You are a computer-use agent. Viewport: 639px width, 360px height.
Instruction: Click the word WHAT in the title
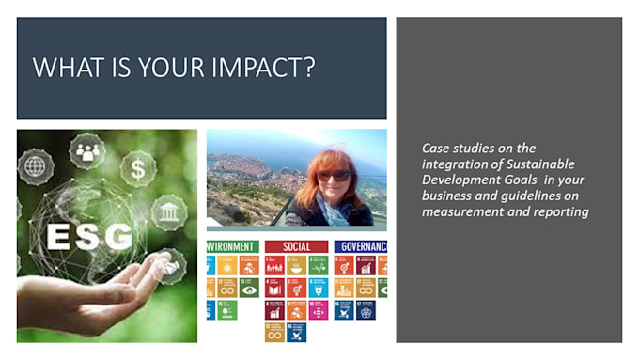[x=63, y=68]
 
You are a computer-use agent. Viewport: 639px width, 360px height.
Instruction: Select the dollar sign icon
[x=137, y=170]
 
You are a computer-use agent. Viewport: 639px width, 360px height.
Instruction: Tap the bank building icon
[x=170, y=212]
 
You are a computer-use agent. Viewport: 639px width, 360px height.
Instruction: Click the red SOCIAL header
[x=296, y=246]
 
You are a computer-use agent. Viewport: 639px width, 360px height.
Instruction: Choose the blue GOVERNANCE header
[x=361, y=246]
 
